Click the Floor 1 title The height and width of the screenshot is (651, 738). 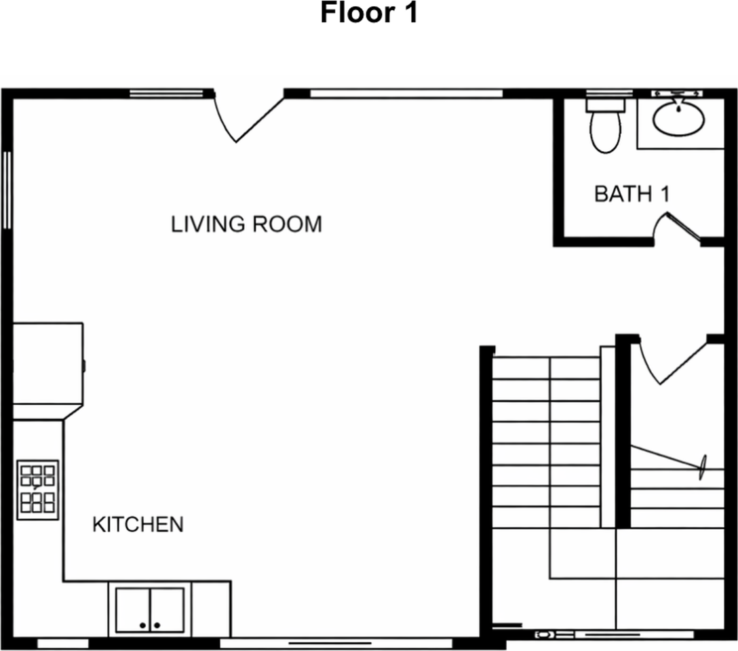368,13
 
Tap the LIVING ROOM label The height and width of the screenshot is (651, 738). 246,224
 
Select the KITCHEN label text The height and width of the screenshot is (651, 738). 138,524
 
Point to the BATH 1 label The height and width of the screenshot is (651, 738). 632,194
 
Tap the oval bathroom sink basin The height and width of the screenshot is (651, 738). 678,118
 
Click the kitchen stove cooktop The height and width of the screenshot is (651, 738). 38,490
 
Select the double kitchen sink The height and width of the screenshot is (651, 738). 149,610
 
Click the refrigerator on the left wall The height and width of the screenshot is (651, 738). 48,363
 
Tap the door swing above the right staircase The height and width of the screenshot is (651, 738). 672,363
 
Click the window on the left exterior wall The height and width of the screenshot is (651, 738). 7,190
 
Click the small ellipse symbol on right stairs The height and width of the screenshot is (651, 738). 702,467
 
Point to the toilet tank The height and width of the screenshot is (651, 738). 605,105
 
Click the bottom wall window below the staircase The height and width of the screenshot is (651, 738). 614,635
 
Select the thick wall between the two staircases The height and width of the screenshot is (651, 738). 623,434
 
